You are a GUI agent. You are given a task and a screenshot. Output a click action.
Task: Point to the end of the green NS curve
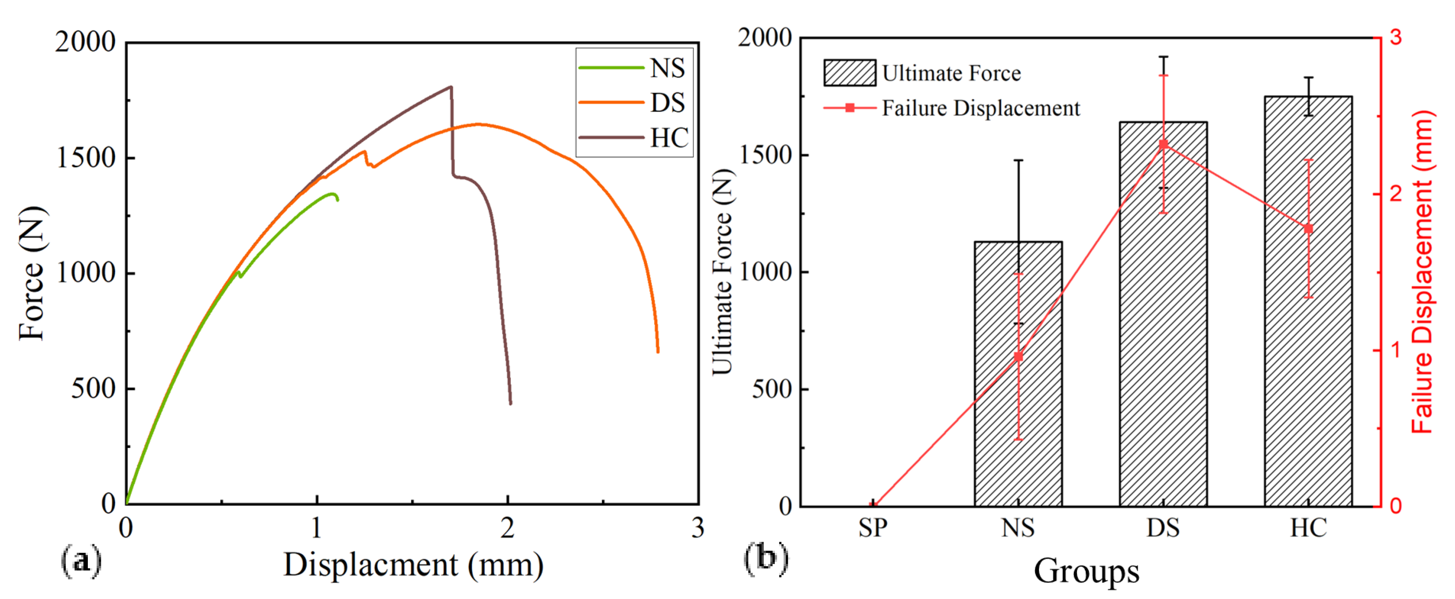(338, 199)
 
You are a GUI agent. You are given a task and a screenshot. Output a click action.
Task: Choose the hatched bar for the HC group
(1308, 301)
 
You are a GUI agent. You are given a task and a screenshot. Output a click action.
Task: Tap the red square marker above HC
(1308, 229)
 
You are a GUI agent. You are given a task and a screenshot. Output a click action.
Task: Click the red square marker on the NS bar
(1018, 357)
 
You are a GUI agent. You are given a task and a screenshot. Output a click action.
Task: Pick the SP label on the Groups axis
(873, 528)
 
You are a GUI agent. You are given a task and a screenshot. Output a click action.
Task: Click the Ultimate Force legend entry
(922, 73)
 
